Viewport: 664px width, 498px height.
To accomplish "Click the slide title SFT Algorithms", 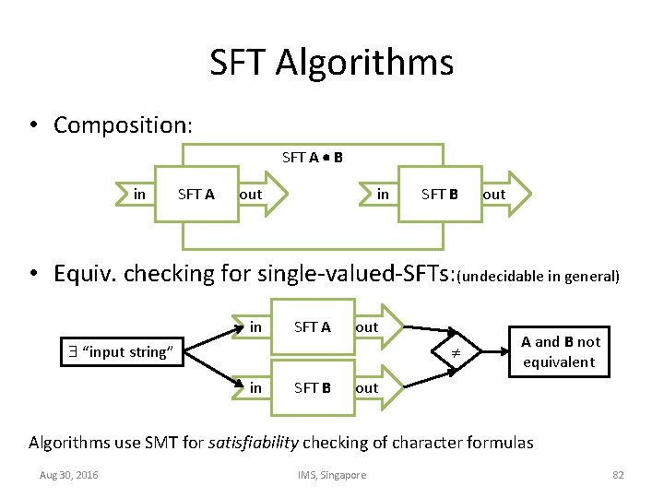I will (331, 63).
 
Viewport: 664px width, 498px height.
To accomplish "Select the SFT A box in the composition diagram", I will (196, 195).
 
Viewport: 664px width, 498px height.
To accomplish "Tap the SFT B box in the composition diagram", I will (440, 195).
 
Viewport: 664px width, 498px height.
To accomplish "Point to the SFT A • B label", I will (313, 157).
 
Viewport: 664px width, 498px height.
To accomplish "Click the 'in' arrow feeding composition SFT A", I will (139, 194).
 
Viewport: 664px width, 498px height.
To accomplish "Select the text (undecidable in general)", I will (539, 276).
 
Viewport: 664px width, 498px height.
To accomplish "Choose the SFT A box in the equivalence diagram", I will (312, 327).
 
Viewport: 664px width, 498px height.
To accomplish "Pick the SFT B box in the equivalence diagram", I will (312, 387).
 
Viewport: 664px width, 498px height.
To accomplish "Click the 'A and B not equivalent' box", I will (560, 351).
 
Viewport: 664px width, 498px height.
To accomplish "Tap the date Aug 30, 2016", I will (69, 475).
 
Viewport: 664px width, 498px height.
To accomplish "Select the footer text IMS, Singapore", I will (331, 475).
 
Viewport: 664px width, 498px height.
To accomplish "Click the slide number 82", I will (618, 475).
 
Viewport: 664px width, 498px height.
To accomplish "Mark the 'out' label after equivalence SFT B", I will (367, 388).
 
